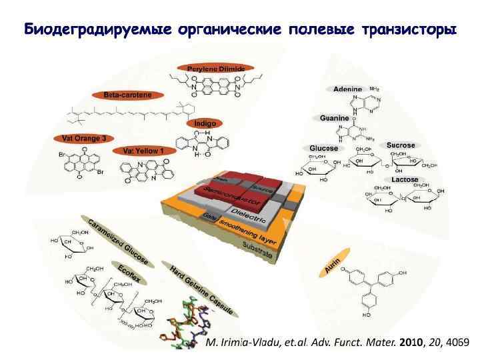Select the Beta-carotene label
coord(132,95)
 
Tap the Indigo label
coord(204,123)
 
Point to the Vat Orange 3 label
coord(84,139)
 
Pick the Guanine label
coord(334,118)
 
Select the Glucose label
coord(323,148)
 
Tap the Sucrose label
coord(401,145)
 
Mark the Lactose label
coord(405,180)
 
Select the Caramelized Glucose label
coord(117,240)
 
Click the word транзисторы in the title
coord(400,30)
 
